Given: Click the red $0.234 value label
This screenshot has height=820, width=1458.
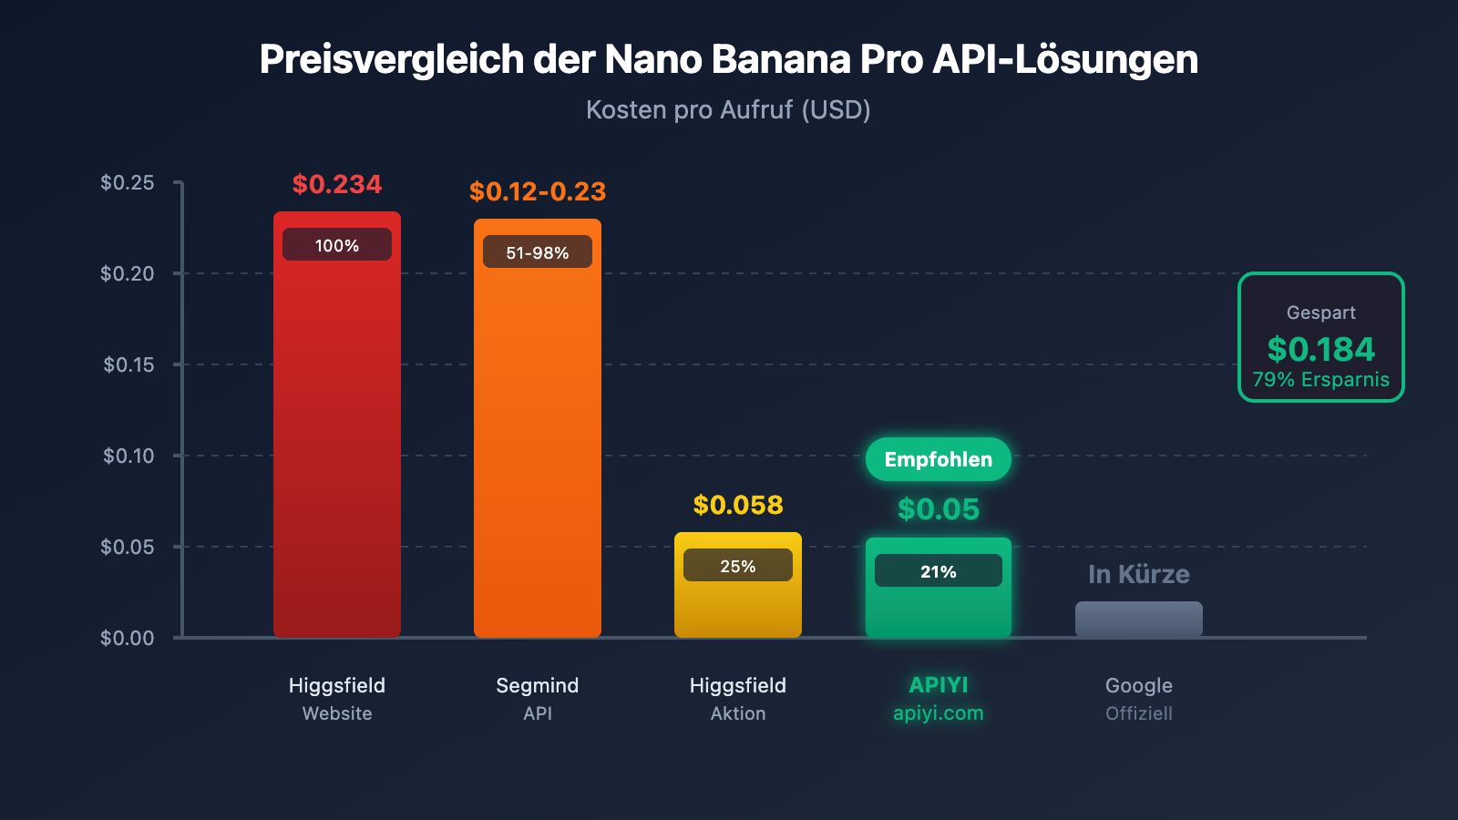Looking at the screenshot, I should tap(336, 184).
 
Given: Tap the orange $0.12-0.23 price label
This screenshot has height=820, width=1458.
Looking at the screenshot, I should tap(537, 191).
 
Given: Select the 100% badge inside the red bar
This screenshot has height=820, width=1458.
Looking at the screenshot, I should tap(336, 245).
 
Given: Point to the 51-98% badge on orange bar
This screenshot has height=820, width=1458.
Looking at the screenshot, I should tap(537, 252).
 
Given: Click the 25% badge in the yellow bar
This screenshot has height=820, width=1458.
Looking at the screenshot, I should tap(737, 566).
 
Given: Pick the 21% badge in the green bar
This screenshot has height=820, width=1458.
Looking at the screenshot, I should tap(938, 571).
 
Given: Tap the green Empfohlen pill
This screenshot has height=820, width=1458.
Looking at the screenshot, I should tap(938, 459).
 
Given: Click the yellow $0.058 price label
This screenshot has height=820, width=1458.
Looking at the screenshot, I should tap(737, 505).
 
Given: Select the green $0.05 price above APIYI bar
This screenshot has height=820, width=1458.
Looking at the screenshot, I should tap(938, 509).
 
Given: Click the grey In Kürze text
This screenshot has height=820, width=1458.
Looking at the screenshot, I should tap(1138, 574).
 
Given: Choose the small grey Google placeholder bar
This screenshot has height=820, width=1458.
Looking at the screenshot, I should tap(1138, 620).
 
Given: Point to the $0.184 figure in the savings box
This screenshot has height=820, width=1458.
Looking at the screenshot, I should tap(1320, 349).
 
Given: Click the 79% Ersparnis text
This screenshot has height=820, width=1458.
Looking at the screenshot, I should tap(1320, 380).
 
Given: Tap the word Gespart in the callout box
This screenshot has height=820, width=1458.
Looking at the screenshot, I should tap(1320, 313).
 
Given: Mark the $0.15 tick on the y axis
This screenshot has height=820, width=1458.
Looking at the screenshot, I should tap(128, 364).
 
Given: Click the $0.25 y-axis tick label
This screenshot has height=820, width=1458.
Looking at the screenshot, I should tap(128, 182).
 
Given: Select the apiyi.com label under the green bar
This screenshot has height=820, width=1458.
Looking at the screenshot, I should tap(938, 713).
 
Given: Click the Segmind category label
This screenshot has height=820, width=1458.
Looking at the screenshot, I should tap(537, 685).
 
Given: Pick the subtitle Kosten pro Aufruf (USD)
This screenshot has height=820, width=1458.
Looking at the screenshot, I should tap(728, 110).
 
